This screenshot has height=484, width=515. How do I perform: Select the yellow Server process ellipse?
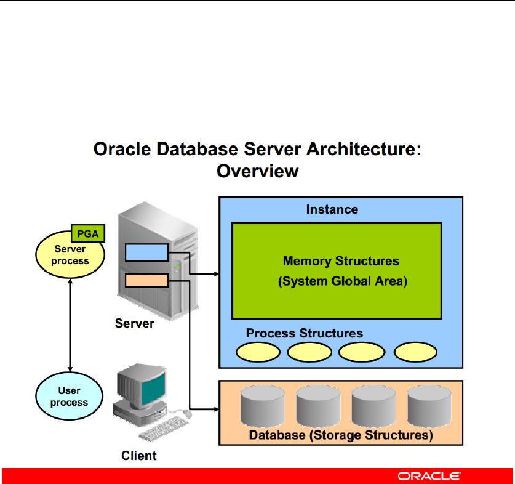coord(71,257)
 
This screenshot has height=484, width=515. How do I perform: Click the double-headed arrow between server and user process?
coord(71,326)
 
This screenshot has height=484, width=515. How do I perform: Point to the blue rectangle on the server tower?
coord(146,252)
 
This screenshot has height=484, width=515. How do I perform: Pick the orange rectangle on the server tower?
coord(146,281)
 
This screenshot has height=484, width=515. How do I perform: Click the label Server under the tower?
coord(135,323)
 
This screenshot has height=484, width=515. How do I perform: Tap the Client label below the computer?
coord(139,456)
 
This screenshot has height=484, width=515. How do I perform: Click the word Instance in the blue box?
coord(332,209)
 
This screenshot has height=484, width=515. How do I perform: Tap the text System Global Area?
coord(343,282)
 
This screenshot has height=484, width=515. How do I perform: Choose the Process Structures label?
coord(305,333)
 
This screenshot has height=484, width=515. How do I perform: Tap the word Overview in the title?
coord(257,171)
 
